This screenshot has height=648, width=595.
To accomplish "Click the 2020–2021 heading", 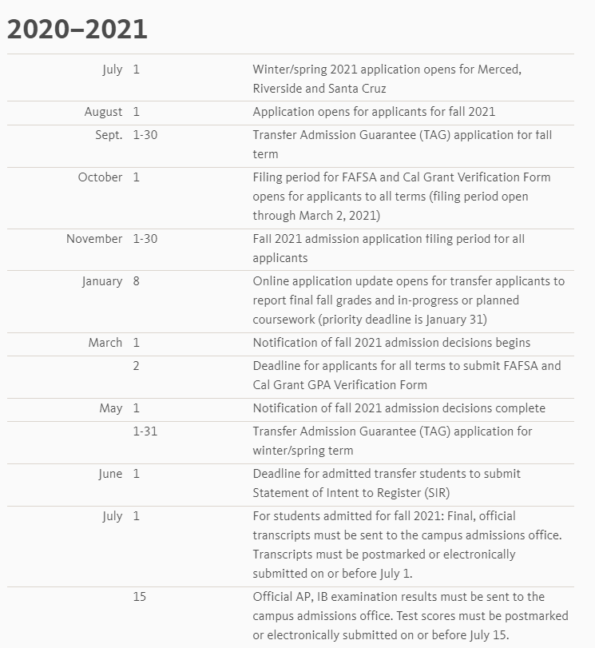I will tap(77, 30).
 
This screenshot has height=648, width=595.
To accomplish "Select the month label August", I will tap(104, 112).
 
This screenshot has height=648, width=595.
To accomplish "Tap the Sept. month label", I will tap(109, 135).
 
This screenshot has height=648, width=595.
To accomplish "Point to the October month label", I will tap(101, 177).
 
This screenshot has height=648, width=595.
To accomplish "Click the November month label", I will tap(94, 239).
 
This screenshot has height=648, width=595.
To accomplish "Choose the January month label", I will tap(102, 281).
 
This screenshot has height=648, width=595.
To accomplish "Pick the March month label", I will tap(105, 343).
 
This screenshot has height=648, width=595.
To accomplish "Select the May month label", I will tap(111, 408).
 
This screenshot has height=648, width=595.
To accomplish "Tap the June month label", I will tap(110, 474).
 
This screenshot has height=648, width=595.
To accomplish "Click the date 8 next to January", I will tap(137, 281).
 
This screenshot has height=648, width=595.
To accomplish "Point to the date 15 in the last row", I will tap(140, 597).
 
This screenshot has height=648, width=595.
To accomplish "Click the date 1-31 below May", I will tap(145, 431).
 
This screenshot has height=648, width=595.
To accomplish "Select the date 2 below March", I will tap(137, 366).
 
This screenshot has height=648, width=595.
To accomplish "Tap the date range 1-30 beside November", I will tap(145, 239).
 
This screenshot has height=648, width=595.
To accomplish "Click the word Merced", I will tap(499, 70).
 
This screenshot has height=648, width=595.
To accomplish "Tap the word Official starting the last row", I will tap(274, 597).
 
